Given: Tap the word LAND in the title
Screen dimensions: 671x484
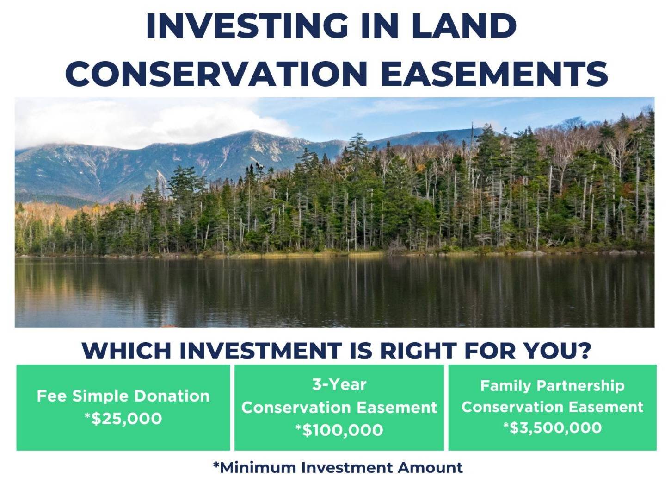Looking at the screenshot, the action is click(x=464, y=26).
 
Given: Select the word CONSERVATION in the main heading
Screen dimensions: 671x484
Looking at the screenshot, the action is click(x=216, y=73).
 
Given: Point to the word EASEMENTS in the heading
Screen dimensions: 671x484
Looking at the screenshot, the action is click(x=494, y=73).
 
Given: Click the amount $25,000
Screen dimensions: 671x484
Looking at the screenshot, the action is click(x=127, y=419).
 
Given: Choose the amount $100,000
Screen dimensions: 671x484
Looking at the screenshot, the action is click(x=343, y=430).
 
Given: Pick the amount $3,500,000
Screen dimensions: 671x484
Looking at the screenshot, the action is click(x=556, y=427).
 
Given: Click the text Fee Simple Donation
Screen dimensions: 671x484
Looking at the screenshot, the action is click(x=123, y=396).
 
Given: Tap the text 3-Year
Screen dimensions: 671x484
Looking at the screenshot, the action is click(x=339, y=384).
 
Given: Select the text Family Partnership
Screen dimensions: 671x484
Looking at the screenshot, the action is click(x=552, y=386).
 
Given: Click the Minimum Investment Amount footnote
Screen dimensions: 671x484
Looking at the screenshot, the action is click(x=338, y=468).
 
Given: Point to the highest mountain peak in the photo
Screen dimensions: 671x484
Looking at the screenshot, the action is click(x=253, y=131).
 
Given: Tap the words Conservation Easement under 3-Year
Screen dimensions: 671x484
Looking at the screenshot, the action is click(x=339, y=408).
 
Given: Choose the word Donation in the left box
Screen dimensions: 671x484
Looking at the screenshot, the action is click(x=172, y=396).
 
